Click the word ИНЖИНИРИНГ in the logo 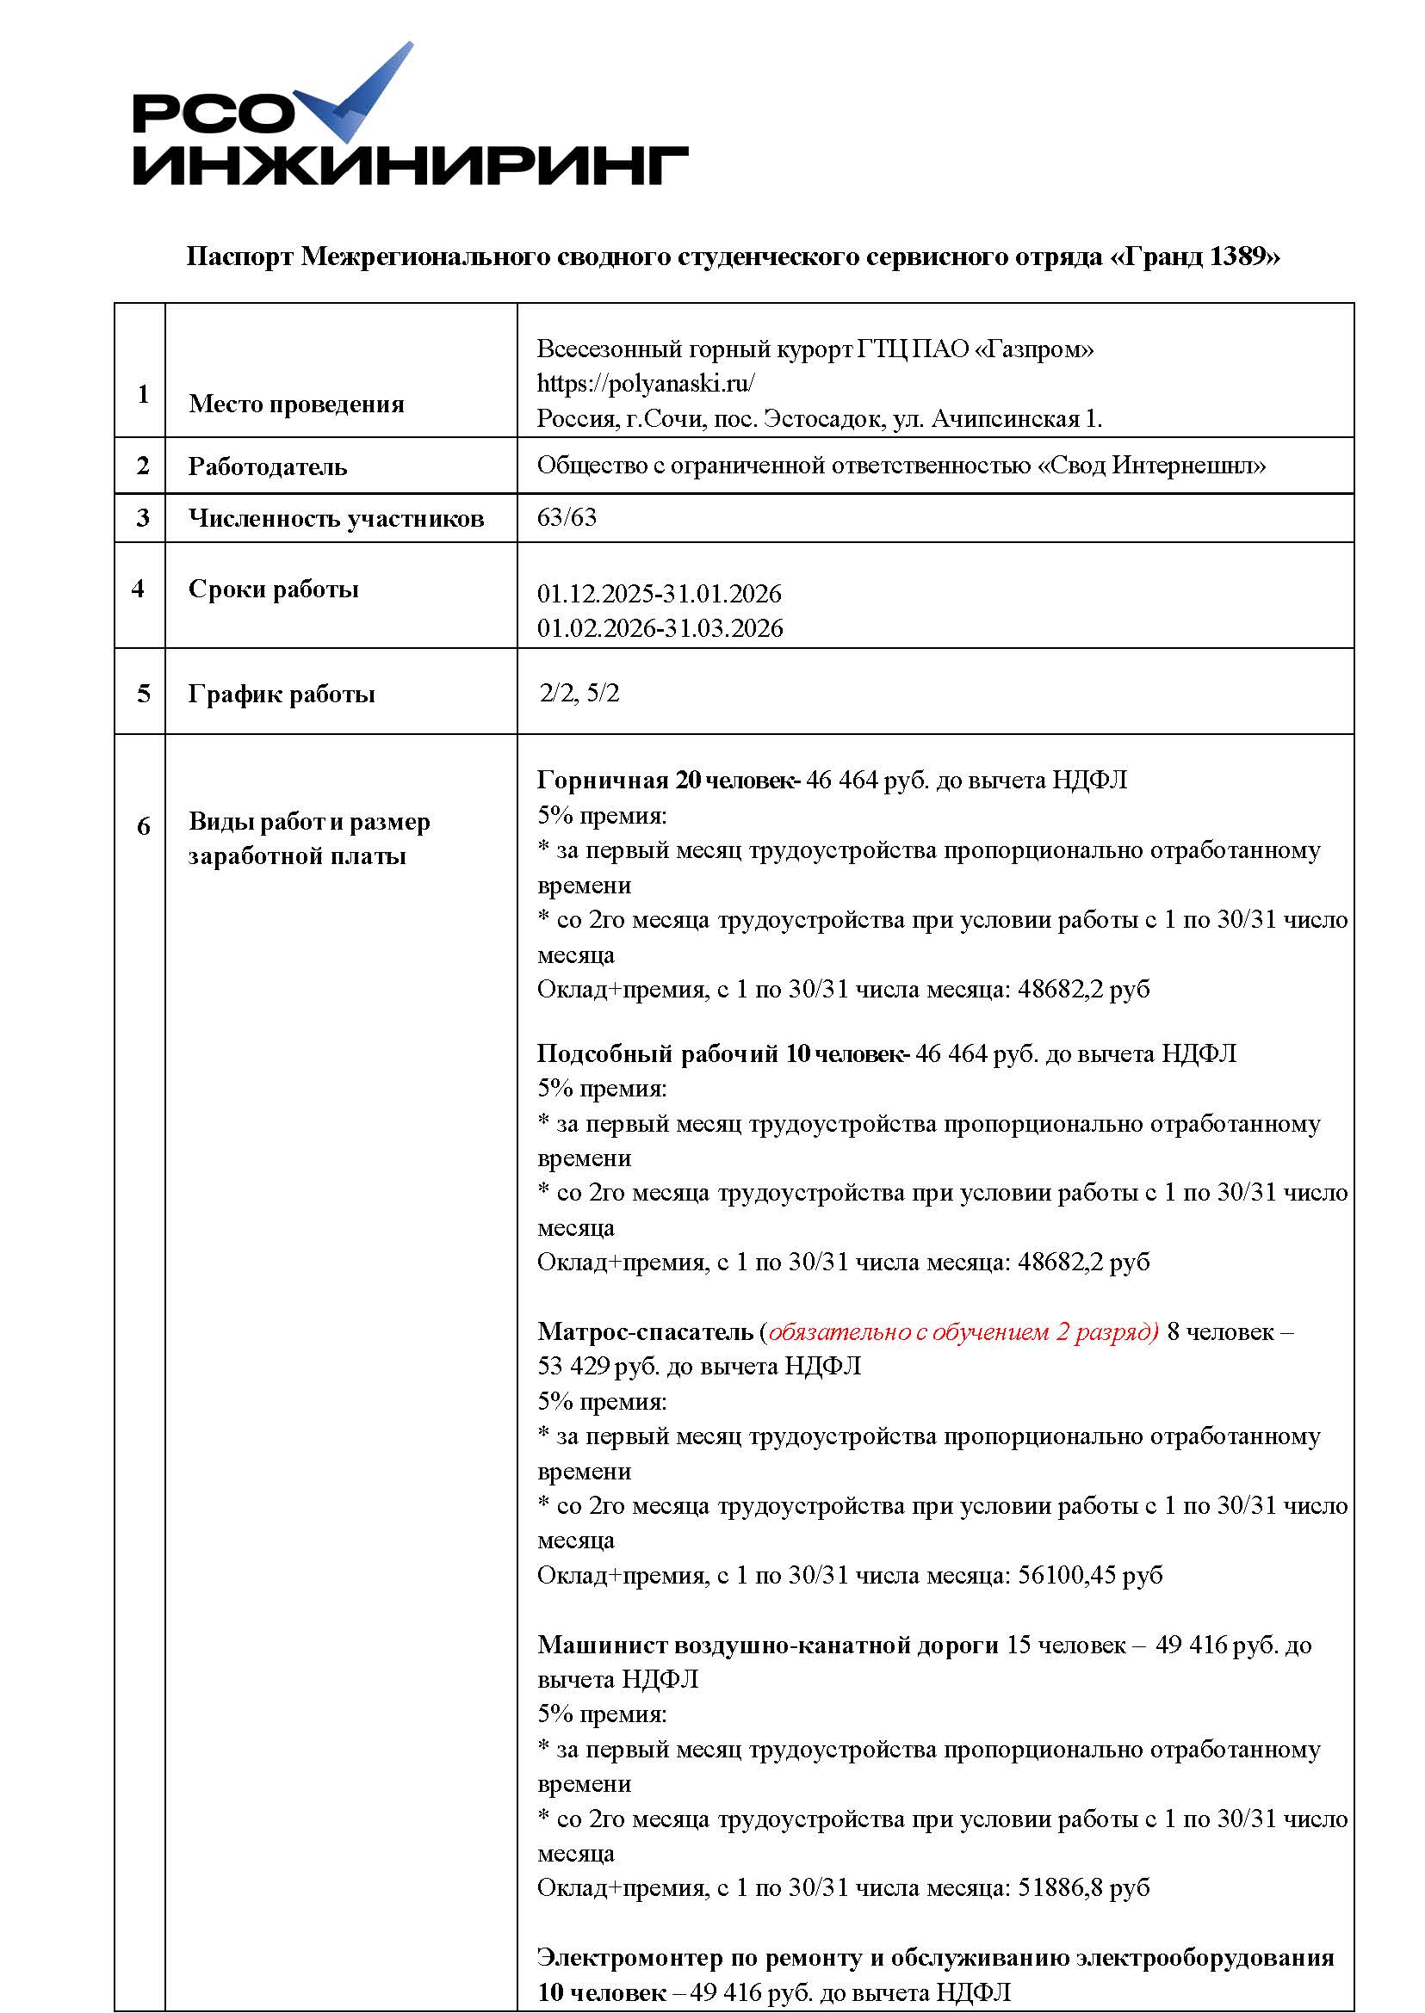pyautogui.click(x=411, y=166)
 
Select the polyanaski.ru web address pyautogui.click(x=646, y=383)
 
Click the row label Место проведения pyautogui.click(x=296, y=404)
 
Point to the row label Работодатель pyautogui.click(x=268, y=466)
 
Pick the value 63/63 pyautogui.click(x=567, y=517)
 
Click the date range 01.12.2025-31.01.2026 pyautogui.click(x=659, y=594)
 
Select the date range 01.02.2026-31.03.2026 pyautogui.click(x=660, y=628)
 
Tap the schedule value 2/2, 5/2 pyautogui.click(x=579, y=694)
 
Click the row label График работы pyautogui.click(x=282, y=695)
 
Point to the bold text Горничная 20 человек pyautogui.click(x=666, y=780)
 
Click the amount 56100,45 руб pyautogui.click(x=1090, y=1575)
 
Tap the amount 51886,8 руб pyautogui.click(x=1083, y=1887)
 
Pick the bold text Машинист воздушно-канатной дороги pyautogui.click(x=768, y=1645)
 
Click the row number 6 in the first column pyautogui.click(x=143, y=826)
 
